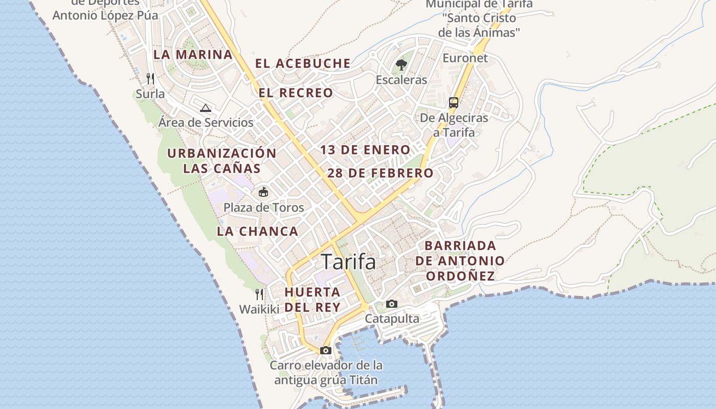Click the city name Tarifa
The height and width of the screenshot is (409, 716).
point(348,262)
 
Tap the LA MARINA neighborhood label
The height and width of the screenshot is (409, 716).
point(193,55)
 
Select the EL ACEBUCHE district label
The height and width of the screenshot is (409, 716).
point(303,63)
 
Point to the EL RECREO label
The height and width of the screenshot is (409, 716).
point(296,93)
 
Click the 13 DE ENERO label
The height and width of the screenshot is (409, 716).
point(365,150)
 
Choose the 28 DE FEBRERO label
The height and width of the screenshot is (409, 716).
point(380,173)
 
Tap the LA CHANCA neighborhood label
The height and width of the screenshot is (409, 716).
point(258,231)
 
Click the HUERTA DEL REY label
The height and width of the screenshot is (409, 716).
point(312,300)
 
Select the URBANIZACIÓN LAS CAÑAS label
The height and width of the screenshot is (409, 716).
point(222,161)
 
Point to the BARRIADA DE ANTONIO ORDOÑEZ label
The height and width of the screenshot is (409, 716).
point(460,261)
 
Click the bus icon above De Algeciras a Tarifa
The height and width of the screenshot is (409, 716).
point(454,102)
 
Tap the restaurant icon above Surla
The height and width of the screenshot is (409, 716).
point(150,78)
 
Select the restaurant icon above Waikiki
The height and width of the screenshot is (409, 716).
point(259,294)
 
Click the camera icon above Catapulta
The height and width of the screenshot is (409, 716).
point(392,304)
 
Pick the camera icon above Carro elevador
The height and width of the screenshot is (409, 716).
point(326,350)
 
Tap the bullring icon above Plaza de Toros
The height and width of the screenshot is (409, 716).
point(263,192)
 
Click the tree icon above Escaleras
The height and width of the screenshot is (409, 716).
point(401,64)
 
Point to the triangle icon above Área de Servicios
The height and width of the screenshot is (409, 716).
point(206,107)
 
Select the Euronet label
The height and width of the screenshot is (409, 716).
point(465,58)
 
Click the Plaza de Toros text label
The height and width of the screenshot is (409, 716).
point(263,208)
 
